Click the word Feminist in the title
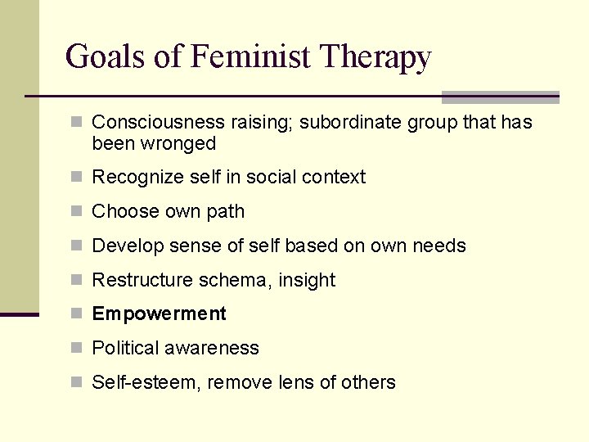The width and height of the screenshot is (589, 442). coord(251,57)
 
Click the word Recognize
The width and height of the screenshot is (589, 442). coord(133,178)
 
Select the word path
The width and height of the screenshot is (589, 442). coord(226,212)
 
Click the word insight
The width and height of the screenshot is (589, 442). coord(307,281)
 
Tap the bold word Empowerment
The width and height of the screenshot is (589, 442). coord(159,314)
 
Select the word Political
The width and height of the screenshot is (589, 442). coord(125,349)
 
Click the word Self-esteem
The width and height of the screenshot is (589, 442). coord(144,382)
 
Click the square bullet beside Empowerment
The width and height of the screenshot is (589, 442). coord(77,313)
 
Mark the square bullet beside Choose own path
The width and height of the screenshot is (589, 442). coord(77,211)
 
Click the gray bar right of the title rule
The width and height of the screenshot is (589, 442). coord(500,97)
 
